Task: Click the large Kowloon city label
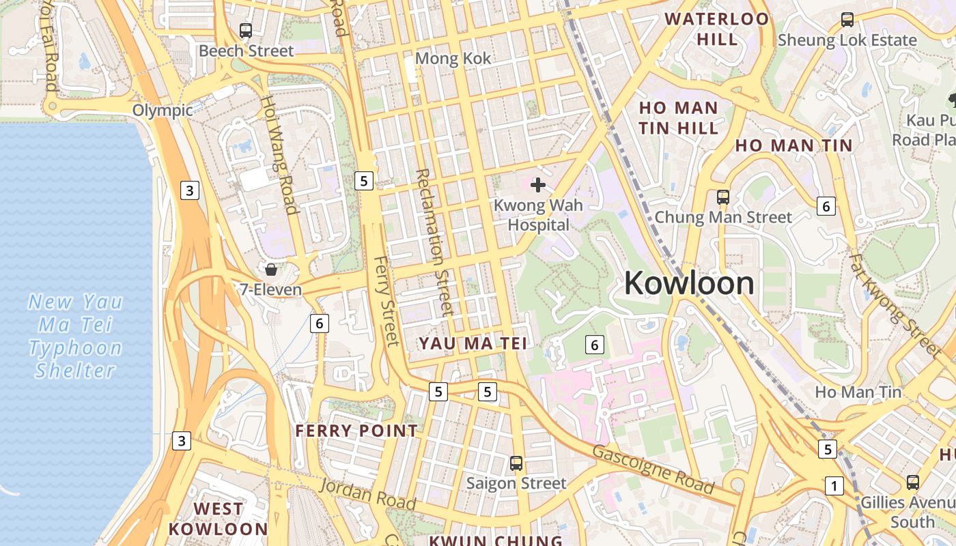coord(688,283)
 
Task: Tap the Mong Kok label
coord(453,59)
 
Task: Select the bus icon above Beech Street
coord(246,31)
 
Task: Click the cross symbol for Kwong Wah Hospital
coord(538,185)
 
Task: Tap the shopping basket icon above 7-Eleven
coord(271,270)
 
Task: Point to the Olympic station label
coord(163,111)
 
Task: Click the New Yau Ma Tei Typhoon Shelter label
coord(75,336)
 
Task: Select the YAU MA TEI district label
coord(473,343)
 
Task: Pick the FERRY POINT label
coord(356,431)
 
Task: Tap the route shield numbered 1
coord(834,486)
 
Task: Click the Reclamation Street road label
coord(434,242)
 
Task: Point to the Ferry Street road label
coord(386,301)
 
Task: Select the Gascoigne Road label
coord(653,470)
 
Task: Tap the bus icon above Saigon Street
coord(516,463)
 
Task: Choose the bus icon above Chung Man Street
coord(723,197)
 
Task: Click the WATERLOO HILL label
coord(717,29)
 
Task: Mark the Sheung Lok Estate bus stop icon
coord(847,20)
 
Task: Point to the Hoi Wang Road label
coord(280,155)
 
